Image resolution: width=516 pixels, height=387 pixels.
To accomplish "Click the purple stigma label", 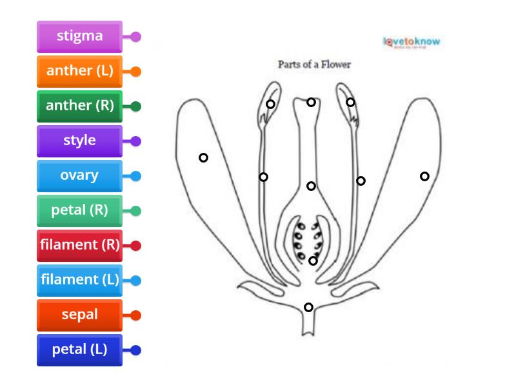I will click(x=79, y=37).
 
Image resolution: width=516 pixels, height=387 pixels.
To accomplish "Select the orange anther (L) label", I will click(x=79, y=72).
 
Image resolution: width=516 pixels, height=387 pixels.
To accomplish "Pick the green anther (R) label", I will click(x=79, y=106).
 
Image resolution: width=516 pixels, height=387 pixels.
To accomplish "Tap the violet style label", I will click(x=79, y=141).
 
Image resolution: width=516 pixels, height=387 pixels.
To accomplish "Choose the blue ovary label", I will click(x=79, y=176).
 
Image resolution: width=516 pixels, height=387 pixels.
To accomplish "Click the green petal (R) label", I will click(x=79, y=211).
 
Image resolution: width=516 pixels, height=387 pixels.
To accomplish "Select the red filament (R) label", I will click(x=79, y=246).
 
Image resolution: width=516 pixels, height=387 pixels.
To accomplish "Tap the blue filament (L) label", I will click(x=79, y=281).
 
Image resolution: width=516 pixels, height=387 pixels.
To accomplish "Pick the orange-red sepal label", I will click(x=79, y=315).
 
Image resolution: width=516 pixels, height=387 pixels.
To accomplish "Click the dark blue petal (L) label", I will click(x=79, y=350).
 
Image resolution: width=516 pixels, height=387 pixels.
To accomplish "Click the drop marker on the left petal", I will click(x=203, y=157).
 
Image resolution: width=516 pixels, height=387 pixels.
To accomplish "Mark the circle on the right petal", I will click(x=424, y=176).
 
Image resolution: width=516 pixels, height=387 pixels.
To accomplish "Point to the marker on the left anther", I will click(x=270, y=104).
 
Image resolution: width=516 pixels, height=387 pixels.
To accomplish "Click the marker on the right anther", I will click(x=350, y=102).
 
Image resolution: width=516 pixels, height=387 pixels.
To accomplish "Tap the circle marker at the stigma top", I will click(x=311, y=102).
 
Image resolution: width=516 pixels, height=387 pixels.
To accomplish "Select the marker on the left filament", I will click(x=263, y=177).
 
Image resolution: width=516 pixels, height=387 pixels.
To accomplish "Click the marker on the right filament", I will click(x=361, y=181).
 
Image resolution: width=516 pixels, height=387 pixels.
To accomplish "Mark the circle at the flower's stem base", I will click(x=308, y=307).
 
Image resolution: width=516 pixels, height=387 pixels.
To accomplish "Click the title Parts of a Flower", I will click(x=314, y=64).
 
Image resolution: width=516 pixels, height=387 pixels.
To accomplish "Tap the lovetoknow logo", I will click(x=412, y=43).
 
